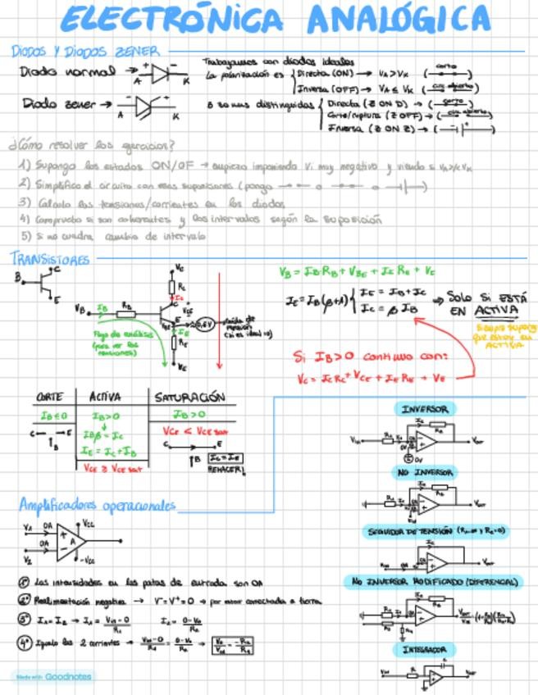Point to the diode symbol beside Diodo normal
click(161, 72)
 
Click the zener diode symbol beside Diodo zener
click(148, 105)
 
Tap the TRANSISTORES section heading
click(50, 260)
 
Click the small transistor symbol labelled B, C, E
click(39, 284)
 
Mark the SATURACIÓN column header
click(189, 397)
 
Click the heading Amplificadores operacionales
click(98, 504)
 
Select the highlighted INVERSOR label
click(424, 409)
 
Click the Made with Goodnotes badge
click(52, 677)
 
